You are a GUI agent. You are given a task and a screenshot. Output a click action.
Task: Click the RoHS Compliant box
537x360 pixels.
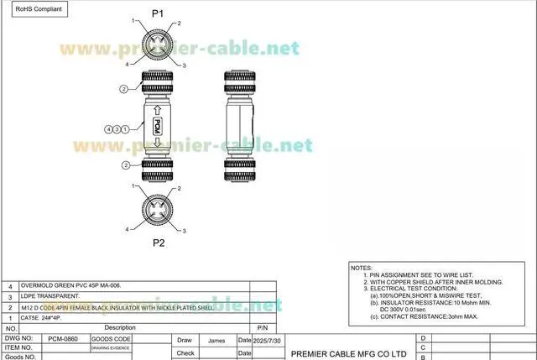pyautogui.click(x=34, y=9)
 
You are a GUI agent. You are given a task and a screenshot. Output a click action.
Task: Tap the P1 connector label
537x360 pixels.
pyautogui.click(x=158, y=13)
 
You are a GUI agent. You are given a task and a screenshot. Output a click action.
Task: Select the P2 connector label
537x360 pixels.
pyautogui.click(x=158, y=243)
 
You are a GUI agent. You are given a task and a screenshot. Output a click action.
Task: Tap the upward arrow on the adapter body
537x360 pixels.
pyautogui.click(x=157, y=109)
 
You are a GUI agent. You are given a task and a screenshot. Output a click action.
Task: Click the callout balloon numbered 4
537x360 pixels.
pyautogui.click(x=108, y=128)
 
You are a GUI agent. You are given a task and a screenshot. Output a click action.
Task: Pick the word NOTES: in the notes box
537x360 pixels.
pyautogui.click(x=362, y=267)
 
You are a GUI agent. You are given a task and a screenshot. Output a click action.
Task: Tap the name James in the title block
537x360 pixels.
pyautogui.click(x=216, y=341)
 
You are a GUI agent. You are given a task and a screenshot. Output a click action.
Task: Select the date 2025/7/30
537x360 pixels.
pyautogui.click(x=267, y=341)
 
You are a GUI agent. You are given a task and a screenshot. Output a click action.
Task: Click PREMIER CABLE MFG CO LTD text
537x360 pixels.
pyautogui.click(x=348, y=353)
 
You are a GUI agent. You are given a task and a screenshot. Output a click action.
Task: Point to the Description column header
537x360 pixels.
pyautogui.click(x=120, y=327)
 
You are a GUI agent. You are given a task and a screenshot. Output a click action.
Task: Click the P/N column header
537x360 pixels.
pyautogui.click(x=262, y=327)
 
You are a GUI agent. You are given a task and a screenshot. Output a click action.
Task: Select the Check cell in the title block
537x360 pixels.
pyautogui.click(x=185, y=353)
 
